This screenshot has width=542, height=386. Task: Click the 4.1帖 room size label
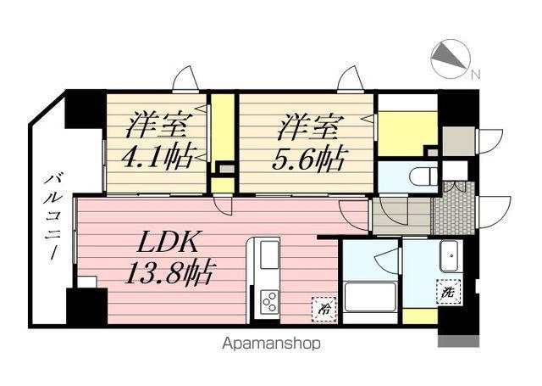click(158, 156)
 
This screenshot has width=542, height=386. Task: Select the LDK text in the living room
click(169, 243)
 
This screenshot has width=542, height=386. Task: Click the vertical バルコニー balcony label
click(51, 215)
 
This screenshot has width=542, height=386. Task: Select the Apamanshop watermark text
click(271, 344)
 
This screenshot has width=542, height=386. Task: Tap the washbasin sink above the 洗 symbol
click(449, 255)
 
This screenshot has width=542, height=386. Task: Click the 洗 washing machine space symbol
click(447, 291)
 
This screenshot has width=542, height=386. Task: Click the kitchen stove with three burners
click(270, 301)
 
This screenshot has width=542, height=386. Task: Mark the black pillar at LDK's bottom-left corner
click(86, 306)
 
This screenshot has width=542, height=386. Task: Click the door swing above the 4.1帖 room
click(186, 80)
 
